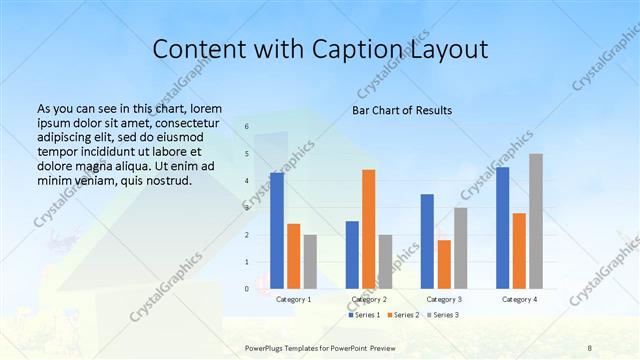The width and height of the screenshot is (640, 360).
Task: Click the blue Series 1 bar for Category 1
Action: [277, 230]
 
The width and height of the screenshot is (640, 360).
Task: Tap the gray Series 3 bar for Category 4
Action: [536, 221]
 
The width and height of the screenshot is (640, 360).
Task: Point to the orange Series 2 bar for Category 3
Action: [444, 264]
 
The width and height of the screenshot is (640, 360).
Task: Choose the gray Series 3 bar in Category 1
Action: [310, 261]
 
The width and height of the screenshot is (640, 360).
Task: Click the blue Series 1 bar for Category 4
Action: [502, 227]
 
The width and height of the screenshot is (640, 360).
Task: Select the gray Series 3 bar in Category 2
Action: [385, 261]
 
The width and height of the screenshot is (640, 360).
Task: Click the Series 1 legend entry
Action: [363, 315]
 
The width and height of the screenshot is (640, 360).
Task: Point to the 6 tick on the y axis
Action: [247, 127]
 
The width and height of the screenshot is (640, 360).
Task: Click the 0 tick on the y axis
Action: [247, 288]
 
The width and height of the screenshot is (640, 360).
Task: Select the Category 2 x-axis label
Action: [369, 299]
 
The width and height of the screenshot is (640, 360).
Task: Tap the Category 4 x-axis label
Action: [519, 299]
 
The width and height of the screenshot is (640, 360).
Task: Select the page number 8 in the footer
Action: [590, 346]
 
